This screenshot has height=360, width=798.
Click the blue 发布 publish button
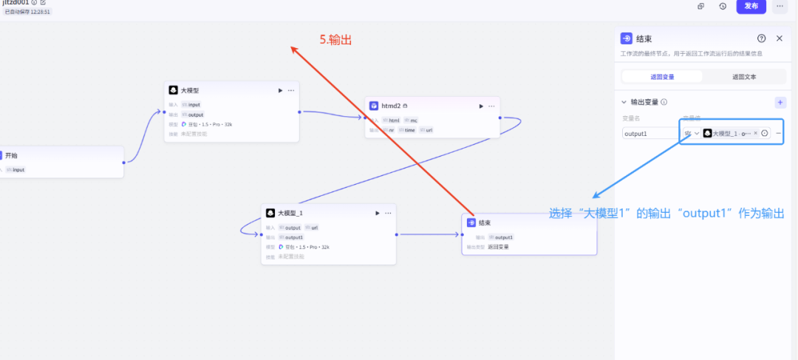coord(751,6)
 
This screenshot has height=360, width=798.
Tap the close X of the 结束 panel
coord(780,38)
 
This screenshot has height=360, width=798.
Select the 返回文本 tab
coord(743,76)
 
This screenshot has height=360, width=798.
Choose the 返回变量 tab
coord(662,76)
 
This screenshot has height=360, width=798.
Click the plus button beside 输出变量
coord(780,103)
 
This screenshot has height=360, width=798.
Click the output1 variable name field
coord(649,134)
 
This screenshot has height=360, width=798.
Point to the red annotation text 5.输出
coord(335,41)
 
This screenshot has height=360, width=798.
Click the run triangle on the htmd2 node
coord(481,106)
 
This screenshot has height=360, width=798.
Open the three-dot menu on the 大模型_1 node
coord(388,213)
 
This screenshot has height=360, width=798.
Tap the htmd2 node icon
coord(374,106)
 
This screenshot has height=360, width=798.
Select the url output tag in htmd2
coord(428,130)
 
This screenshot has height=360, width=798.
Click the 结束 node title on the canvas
coord(484,223)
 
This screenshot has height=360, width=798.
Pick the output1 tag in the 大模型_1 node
coord(293,237)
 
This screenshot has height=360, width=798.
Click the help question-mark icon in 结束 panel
coord(761,38)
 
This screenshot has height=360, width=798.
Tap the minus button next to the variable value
coord(778,133)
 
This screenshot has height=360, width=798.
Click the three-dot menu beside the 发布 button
coord(780,6)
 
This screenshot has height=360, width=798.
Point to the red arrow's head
coord(293,49)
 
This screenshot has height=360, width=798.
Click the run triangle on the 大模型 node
coord(280,90)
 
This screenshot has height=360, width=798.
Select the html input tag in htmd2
coord(392,120)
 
